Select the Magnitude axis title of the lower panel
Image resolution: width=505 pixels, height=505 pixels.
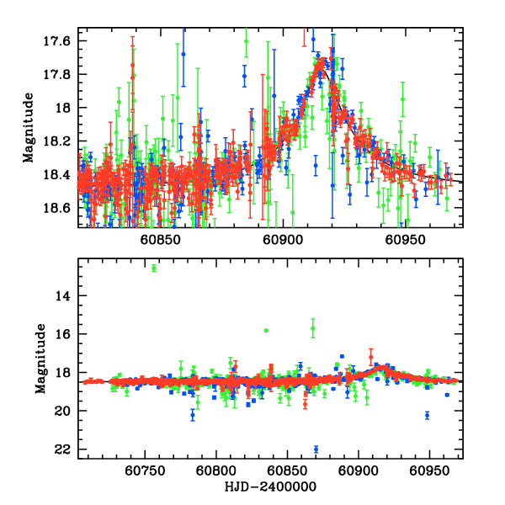[x=40, y=359]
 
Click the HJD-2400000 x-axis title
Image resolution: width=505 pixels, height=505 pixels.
[x=270, y=486]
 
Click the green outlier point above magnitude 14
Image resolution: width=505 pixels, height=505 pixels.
[x=154, y=268]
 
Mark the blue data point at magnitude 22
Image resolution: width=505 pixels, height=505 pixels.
[x=316, y=449]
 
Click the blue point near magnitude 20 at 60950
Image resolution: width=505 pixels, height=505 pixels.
[x=428, y=415]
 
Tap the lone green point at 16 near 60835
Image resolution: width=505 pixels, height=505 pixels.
[x=266, y=331]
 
